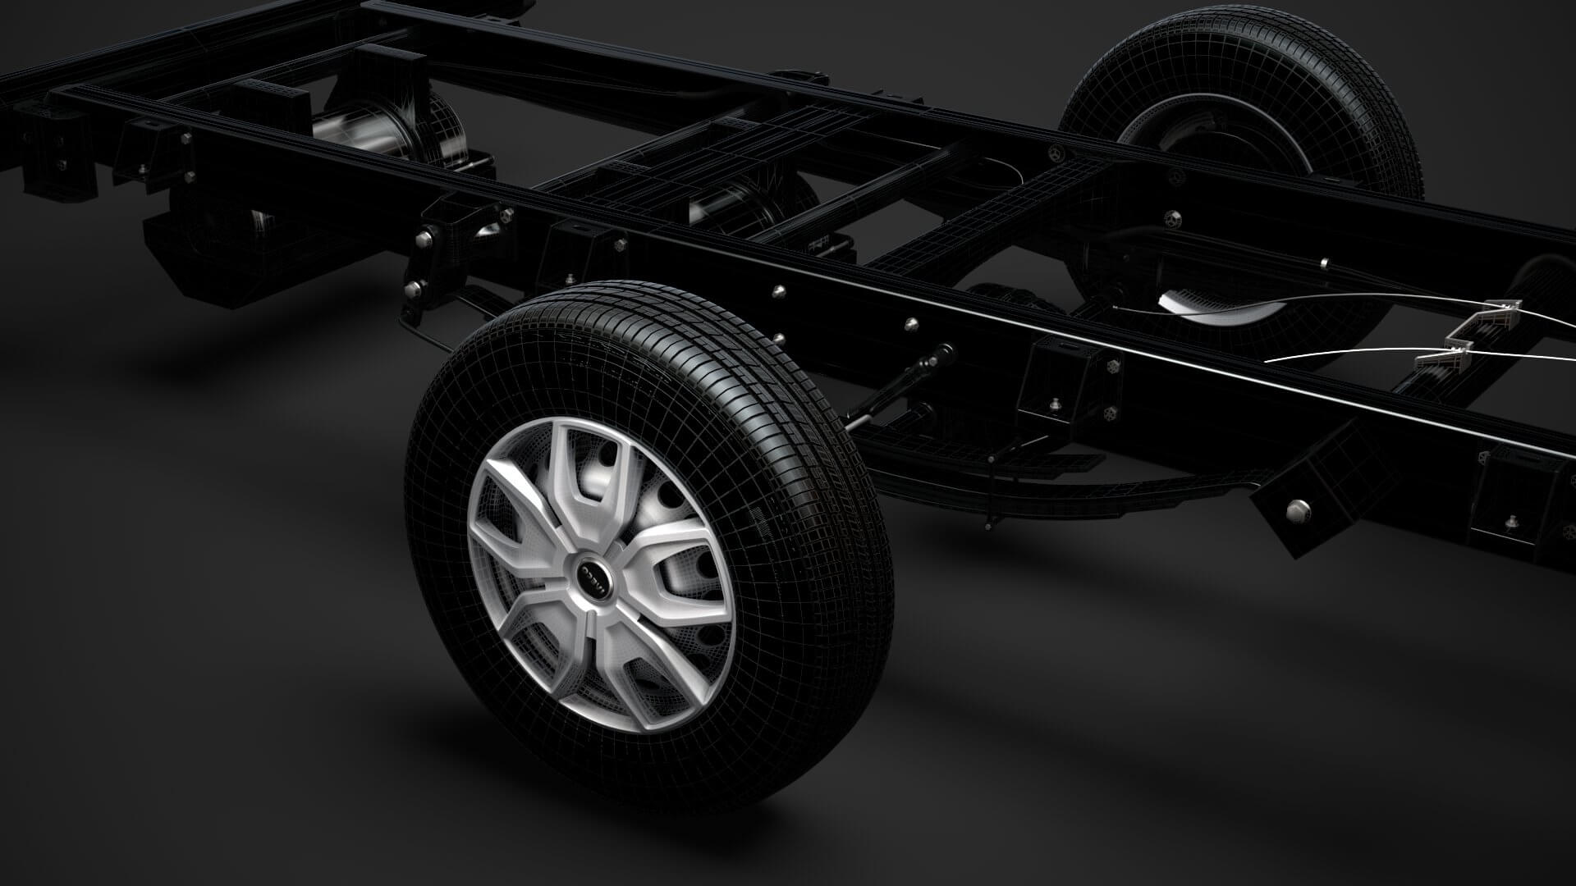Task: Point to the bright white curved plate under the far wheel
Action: pos(1215,304)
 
